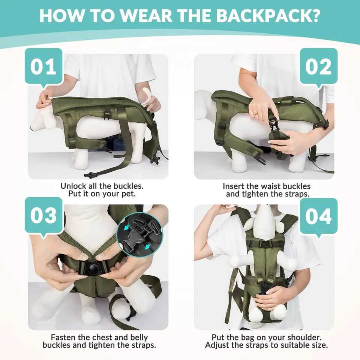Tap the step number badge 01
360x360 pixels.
(43, 67)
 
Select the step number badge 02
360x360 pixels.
(318, 67)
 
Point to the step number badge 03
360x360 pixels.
(43, 216)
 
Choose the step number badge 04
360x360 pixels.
(318, 217)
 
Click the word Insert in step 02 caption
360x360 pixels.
(234, 186)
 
